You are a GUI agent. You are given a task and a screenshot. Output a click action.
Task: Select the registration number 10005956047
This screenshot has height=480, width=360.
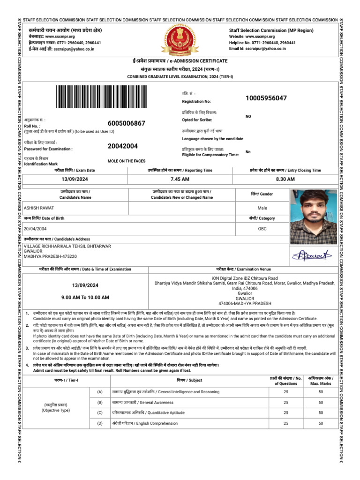(x=266, y=98)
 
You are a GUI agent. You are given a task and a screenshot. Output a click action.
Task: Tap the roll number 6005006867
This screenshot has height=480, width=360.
(x=126, y=123)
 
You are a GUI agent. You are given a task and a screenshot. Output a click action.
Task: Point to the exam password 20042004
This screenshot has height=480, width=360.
(x=122, y=146)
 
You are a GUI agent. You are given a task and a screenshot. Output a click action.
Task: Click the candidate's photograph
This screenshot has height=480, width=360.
(x=314, y=217)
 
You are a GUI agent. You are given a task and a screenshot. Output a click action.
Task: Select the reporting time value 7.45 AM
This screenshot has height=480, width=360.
(x=180, y=180)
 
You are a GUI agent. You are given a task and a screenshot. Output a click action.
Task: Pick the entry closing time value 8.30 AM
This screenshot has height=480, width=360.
(x=285, y=180)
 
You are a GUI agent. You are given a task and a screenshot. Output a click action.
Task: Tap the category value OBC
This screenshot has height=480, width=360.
(x=262, y=229)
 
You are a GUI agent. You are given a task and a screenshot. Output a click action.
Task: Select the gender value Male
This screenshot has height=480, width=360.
(x=262, y=208)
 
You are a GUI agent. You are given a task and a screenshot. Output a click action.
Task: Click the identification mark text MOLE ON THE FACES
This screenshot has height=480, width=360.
(x=126, y=161)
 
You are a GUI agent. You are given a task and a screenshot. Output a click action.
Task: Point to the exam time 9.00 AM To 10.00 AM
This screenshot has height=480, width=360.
(x=85, y=298)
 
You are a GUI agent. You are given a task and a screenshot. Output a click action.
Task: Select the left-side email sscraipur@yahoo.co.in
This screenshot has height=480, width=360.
(x=74, y=48)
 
